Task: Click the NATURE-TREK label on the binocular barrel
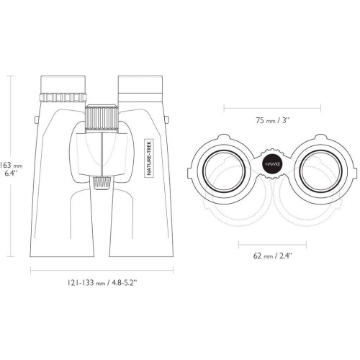(149, 158)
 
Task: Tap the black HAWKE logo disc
(272, 164)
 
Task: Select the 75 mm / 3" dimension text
(272, 120)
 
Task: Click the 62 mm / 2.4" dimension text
(273, 256)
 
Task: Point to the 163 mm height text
(12, 166)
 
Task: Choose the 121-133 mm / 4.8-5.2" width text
(102, 283)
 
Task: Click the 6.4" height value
(11, 173)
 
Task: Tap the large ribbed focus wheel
(102, 118)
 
